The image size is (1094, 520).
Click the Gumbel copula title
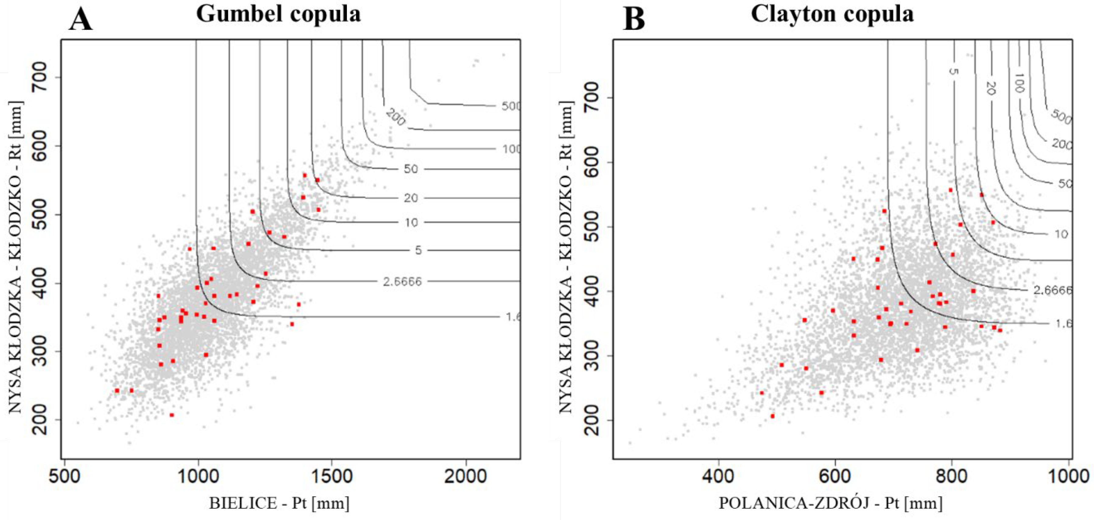click(x=278, y=14)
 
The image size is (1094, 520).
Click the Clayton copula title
click(x=832, y=14)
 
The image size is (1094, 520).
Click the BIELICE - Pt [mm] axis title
click(x=279, y=503)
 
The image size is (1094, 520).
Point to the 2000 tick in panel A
click(x=466, y=476)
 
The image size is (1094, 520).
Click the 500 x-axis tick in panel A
click(x=64, y=476)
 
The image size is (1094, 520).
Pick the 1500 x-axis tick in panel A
click(x=331, y=476)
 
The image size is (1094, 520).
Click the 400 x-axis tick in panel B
click(x=718, y=476)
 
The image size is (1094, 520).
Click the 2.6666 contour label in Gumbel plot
click(x=402, y=281)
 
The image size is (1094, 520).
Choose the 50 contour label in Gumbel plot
click(x=411, y=169)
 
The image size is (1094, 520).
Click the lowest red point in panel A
click(x=172, y=415)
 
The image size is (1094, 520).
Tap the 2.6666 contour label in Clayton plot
click(x=1052, y=290)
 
